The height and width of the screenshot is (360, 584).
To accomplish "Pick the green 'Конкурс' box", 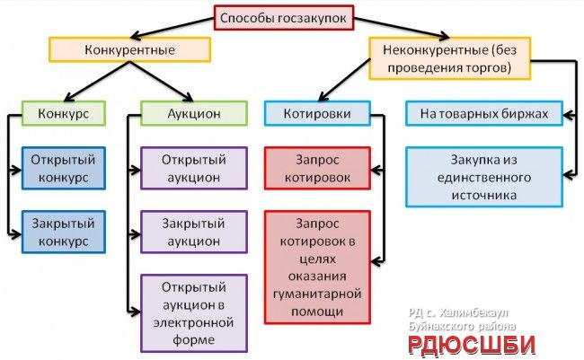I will (62, 113).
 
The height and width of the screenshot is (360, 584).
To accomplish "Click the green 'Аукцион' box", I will (194, 113).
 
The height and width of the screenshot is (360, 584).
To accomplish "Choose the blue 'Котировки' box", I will (317, 113).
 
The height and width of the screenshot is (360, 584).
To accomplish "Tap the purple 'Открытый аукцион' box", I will (193, 169).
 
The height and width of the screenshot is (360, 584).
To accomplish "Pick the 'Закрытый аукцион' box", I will (193, 232).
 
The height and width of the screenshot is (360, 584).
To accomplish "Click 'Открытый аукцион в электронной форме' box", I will (193, 312).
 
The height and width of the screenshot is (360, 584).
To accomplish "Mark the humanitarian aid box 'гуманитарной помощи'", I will (317, 267).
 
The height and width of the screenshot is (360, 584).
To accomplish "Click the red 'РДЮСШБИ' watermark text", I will (467, 344).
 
